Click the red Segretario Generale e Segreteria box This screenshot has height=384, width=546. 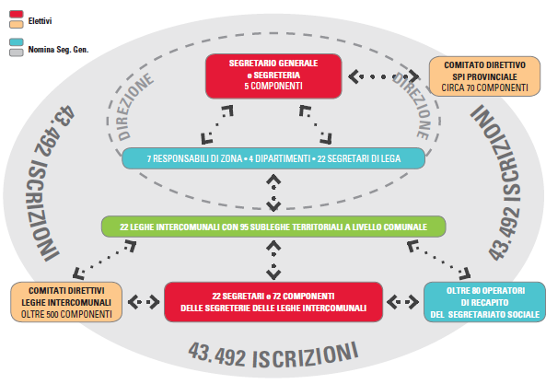click(x=273, y=76)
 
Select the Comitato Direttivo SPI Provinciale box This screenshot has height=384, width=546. click(x=484, y=76)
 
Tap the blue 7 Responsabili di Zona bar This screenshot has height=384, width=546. click(x=273, y=158)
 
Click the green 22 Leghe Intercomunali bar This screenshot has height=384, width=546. click(x=273, y=227)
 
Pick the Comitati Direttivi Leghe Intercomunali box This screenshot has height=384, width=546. click(x=66, y=302)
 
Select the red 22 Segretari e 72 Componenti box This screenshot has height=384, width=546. click(x=273, y=302)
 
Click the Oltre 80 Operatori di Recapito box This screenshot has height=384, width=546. click(x=484, y=302)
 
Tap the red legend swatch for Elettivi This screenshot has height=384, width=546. click(x=17, y=14)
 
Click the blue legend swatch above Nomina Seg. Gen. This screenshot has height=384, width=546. click(x=17, y=41)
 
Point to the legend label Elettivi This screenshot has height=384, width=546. click(x=40, y=21)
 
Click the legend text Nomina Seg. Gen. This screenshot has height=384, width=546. click(x=59, y=50)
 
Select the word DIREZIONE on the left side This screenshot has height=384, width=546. click(x=134, y=106)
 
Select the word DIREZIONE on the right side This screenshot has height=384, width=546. click(x=412, y=106)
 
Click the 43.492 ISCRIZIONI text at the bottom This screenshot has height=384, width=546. click(x=273, y=355)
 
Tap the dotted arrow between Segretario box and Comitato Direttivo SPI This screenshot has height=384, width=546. click(x=384, y=76)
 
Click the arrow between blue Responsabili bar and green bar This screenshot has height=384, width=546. click(x=273, y=192)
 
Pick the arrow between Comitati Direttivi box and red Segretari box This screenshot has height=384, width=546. click(x=144, y=302)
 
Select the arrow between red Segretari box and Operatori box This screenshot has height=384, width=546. click(x=403, y=302)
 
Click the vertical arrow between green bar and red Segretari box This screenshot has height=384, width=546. click(x=273, y=261)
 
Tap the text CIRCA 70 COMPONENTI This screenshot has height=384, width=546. click(x=484, y=87)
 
